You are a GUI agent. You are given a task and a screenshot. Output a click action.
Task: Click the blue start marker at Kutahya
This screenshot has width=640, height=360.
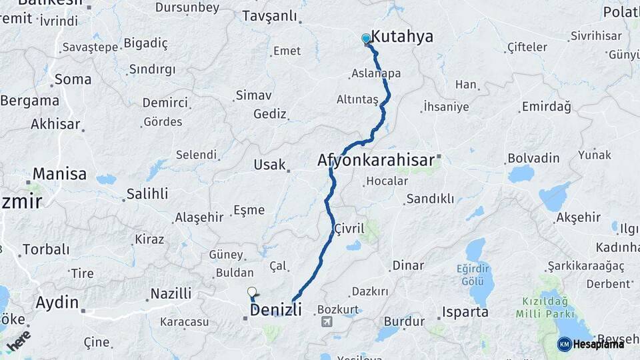point(366,38)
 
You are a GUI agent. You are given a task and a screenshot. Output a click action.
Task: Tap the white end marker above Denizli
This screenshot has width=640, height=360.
point(252,291)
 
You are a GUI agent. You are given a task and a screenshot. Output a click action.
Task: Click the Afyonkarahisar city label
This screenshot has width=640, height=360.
point(375,160)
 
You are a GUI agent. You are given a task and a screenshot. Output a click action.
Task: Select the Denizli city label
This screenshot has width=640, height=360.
point(275,310)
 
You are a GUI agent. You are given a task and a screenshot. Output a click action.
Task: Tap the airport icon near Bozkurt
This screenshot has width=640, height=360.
point(327,322)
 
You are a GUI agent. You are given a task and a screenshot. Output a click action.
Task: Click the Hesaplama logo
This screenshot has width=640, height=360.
point(591,344)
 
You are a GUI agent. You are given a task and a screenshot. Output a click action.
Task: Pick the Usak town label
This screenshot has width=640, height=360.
point(269,164)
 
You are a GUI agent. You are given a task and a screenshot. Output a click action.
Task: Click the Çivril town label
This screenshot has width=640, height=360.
point(349,229)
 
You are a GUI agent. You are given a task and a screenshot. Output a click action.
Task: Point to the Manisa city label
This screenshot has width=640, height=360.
point(59,174)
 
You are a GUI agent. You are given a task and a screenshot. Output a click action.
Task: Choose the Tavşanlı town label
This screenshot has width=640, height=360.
point(269,16)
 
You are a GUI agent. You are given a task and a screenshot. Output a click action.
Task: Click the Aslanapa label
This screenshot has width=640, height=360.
point(376,73)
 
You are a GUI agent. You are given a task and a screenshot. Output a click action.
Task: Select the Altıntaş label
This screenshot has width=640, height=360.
point(357,99)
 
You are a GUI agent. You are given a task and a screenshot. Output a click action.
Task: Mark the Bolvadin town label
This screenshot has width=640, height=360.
point(533,159)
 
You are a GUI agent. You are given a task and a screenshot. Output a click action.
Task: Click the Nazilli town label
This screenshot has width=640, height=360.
point(171,293)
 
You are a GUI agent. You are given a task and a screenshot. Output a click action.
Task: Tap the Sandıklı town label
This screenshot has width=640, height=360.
point(430,199)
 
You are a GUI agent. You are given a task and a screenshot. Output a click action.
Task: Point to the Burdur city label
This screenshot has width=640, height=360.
point(404,321)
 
